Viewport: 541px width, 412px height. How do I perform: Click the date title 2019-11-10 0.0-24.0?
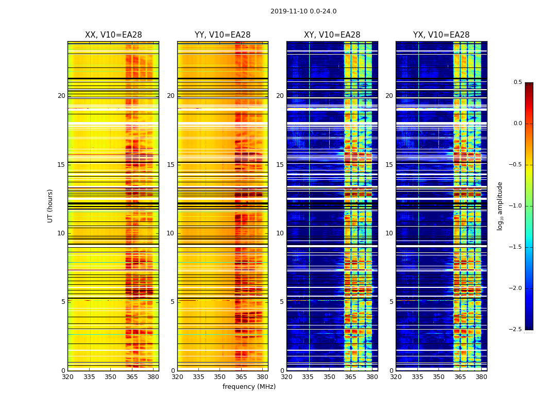tap(303, 11)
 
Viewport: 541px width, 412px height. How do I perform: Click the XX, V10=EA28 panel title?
tap(113, 35)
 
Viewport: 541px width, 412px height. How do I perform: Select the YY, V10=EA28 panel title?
tap(223, 35)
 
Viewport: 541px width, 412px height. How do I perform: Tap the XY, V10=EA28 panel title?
tap(332, 35)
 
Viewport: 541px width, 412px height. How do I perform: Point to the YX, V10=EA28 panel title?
tap(441, 35)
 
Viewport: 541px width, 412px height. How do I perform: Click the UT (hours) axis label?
tap(50, 205)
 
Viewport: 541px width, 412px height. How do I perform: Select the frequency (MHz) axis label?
tap(249, 387)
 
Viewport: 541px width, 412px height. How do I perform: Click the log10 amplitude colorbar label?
tap(499, 205)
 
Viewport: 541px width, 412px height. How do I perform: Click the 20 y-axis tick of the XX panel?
tap(61, 96)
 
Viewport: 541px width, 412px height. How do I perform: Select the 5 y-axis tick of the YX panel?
tap(391, 302)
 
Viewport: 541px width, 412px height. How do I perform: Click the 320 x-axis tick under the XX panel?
tap(67, 377)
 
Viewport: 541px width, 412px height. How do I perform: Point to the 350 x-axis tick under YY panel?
tap(220, 377)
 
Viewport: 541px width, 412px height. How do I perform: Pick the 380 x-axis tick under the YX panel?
tap(481, 377)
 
